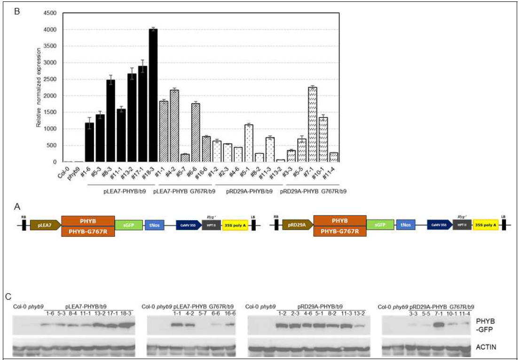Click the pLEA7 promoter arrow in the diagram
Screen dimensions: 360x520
pyautogui.click(x=44, y=225)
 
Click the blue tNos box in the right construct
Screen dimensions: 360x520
pyautogui.click(x=406, y=225)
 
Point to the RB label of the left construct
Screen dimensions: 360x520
pyautogui.click(x=24, y=217)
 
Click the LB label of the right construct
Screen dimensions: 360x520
pyautogui.click(x=504, y=217)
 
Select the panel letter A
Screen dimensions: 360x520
pyautogui.click(x=17, y=206)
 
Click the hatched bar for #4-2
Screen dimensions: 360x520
pyautogui.click(x=174, y=126)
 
